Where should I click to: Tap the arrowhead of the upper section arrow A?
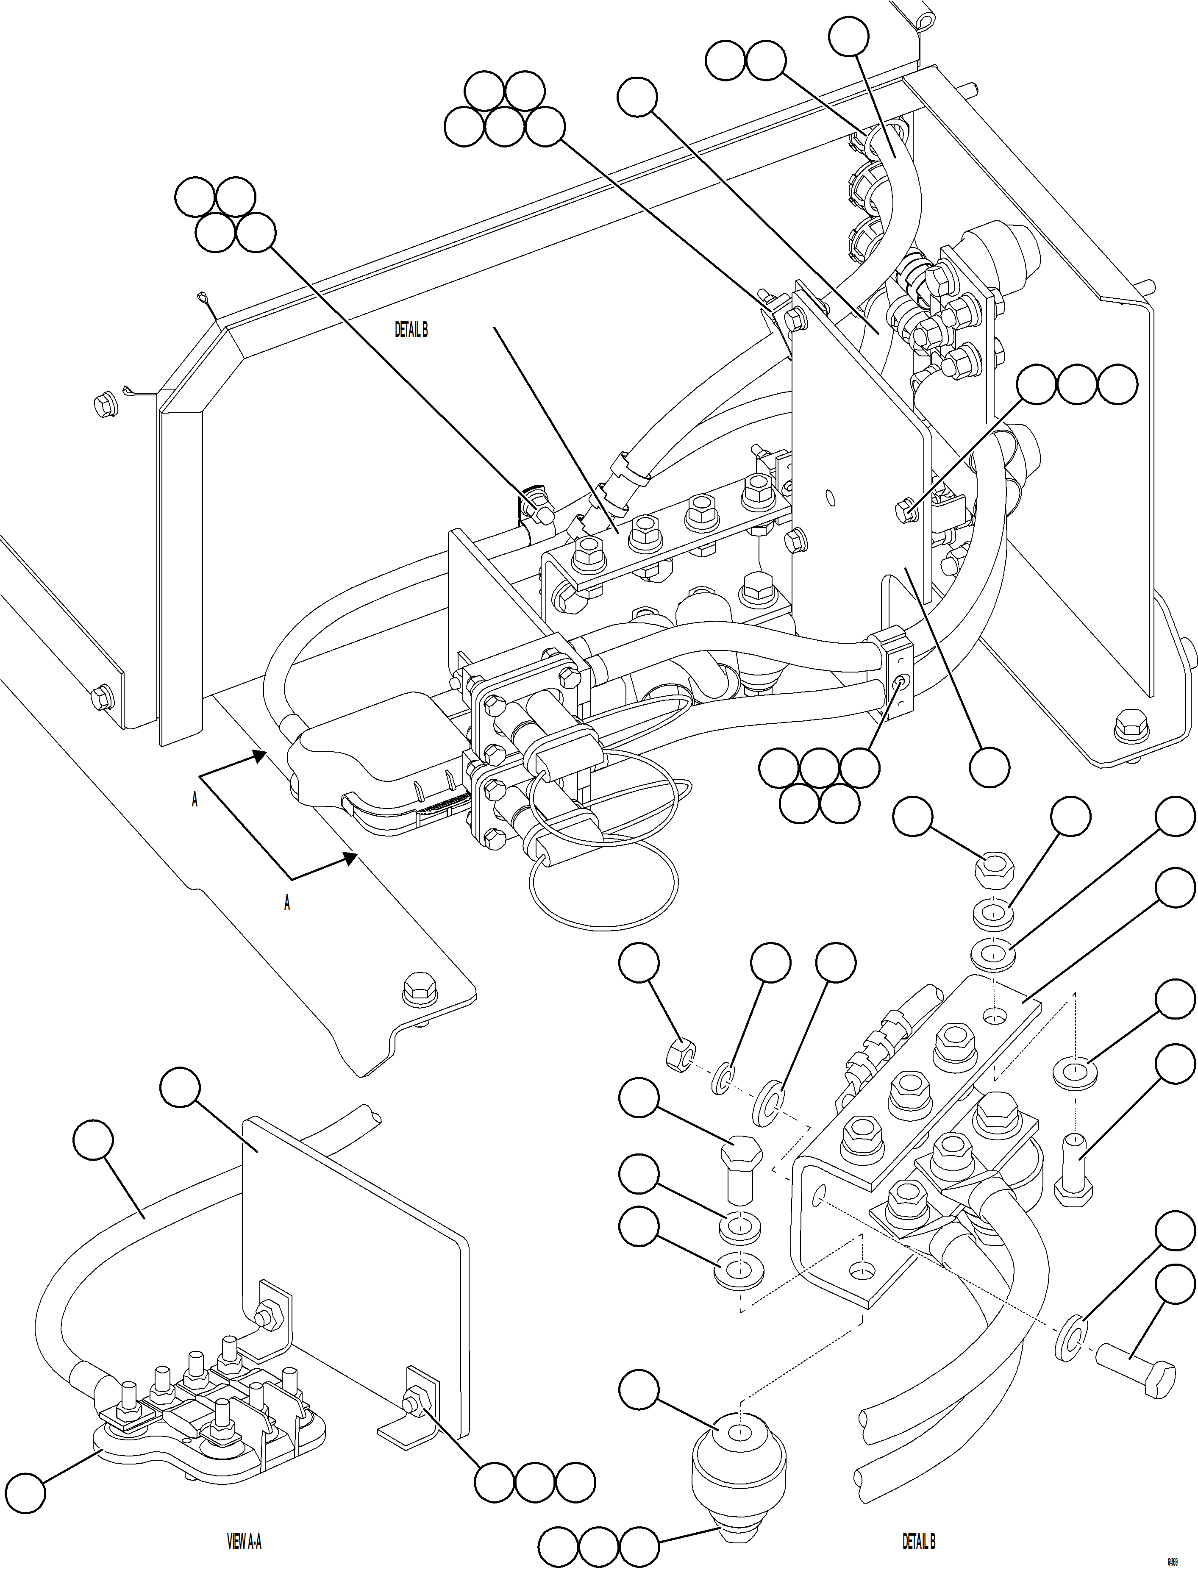pos(260,756)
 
